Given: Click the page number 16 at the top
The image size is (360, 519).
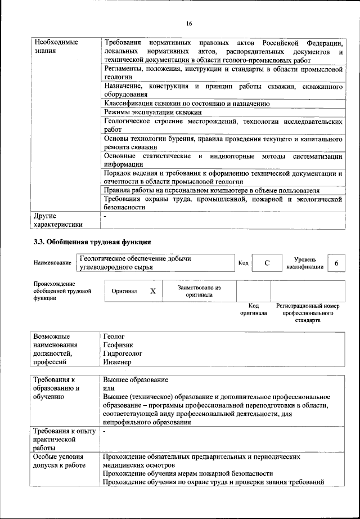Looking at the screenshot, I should tap(188, 23).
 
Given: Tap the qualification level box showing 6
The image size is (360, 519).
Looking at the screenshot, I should tap(336, 263).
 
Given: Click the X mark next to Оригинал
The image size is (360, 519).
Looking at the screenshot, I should tap(152, 291).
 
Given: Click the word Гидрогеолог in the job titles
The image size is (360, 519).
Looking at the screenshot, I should tap(122, 354).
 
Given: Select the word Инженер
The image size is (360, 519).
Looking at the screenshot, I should tap(117, 363).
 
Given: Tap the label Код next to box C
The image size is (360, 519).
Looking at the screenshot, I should tap(243, 263).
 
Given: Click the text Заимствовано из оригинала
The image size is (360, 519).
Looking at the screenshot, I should tap(199, 291).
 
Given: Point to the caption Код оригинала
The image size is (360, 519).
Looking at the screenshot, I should tap(253, 309).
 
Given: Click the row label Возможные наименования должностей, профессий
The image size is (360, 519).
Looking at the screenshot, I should tap(62, 349).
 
